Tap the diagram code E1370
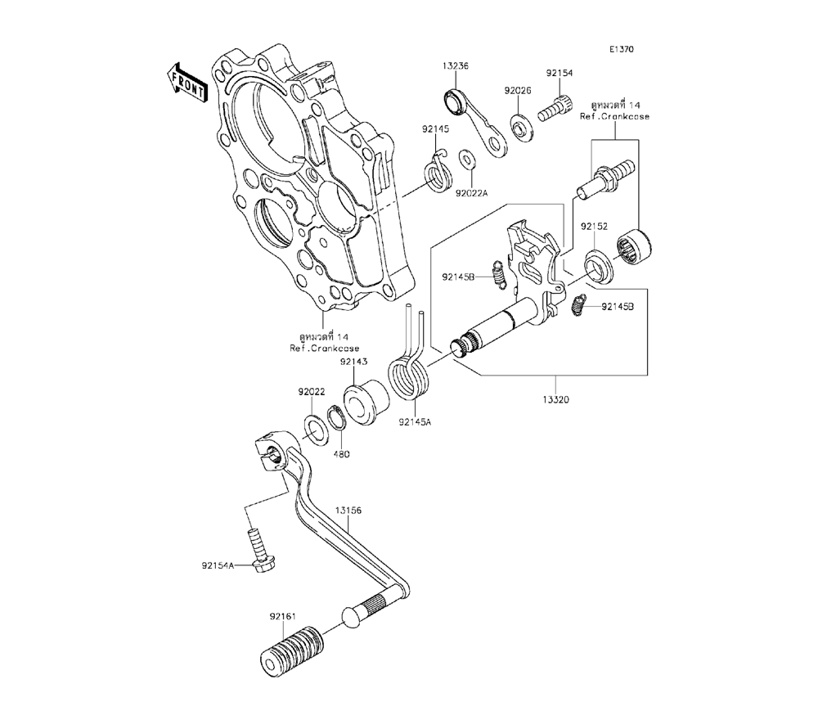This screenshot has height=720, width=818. (x=620, y=49)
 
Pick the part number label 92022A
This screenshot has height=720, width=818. (x=472, y=192)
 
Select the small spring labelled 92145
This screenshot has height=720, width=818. (x=438, y=173)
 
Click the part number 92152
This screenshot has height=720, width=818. (x=595, y=226)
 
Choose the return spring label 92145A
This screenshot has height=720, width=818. (x=415, y=422)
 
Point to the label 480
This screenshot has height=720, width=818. (x=340, y=454)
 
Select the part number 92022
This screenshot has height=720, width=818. (x=311, y=392)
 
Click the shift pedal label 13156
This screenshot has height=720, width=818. (x=348, y=510)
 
